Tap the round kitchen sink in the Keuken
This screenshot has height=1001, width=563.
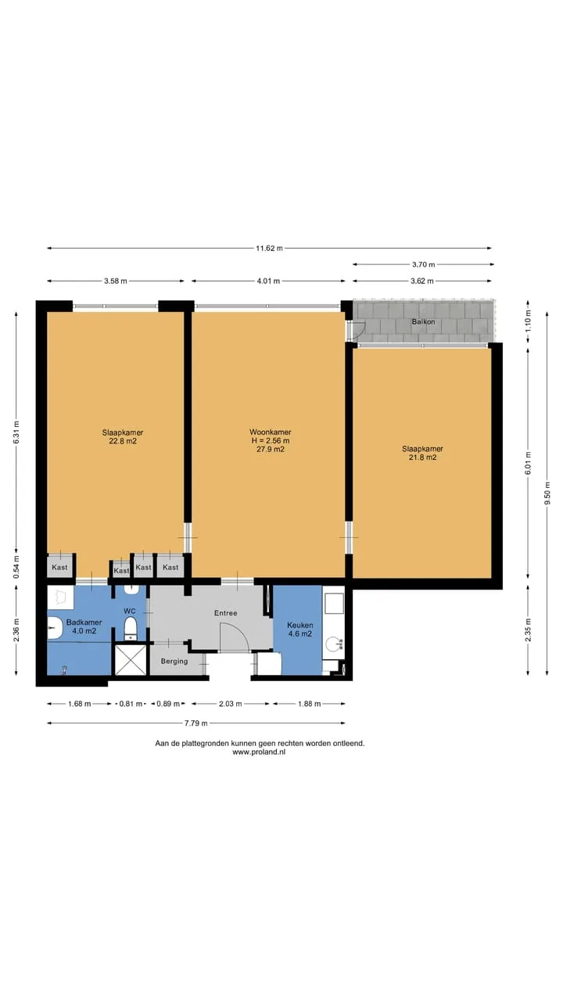tap(333, 645)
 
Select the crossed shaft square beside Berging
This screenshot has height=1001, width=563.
tap(131, 660)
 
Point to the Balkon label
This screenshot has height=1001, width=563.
tap(423, 321)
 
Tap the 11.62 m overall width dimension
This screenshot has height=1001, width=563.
tap(270, 248)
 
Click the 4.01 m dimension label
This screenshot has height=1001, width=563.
tap(268, 281)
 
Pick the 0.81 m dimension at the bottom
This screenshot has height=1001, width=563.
tap(131, 704)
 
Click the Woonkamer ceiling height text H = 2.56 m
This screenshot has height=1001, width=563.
tap(271, 440)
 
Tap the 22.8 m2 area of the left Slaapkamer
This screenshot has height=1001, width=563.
tap(123, 441)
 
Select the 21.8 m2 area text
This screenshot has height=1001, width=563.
tap(423, 457)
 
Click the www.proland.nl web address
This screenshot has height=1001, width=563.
tap(259, 752)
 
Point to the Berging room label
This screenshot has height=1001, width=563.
tap(174, 662)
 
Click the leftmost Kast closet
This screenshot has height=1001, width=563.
tap(60, 567)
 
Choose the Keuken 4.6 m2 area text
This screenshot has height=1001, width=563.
tap(299, 633)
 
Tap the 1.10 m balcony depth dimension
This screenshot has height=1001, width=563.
tap(529, 321)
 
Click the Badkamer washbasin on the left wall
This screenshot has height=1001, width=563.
tap(55, 627)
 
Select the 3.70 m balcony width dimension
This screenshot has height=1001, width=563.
tap(423, 264)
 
